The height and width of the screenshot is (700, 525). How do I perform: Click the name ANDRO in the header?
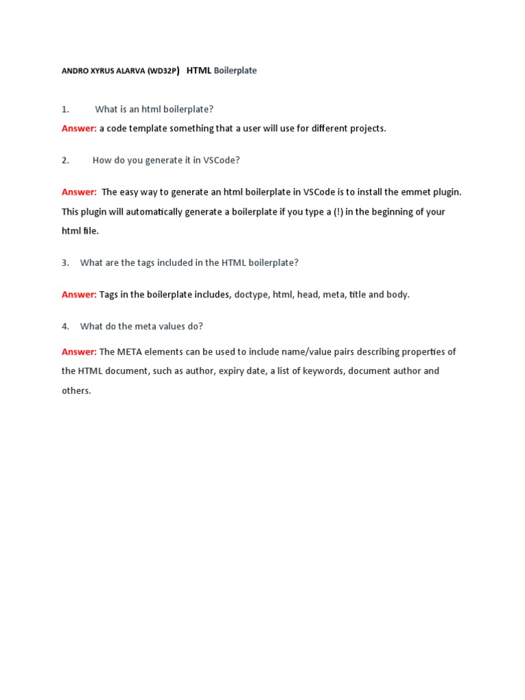[x=74, y=71]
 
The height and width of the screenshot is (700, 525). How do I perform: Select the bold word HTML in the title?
[x=199, y=70]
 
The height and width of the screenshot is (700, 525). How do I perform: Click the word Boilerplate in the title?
[x=235, y=70]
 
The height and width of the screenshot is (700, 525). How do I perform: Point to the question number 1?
[x=66, y=109]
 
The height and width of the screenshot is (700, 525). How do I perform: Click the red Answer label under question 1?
[x=79, y=129]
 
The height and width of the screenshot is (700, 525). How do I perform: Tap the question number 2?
[x=66, y=161]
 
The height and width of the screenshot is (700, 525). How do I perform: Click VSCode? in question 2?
[x=221, y=161]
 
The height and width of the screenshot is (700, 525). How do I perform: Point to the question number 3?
[x=66, y=262]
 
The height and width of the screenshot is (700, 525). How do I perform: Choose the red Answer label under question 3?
[x=79, y=295]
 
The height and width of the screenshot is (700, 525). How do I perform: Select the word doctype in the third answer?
[x=251, y=295]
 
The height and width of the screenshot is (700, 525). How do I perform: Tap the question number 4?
[x=66, y=327]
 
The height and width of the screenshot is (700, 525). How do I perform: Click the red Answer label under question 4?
[x=79, y=352]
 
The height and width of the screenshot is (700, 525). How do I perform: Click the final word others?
[x=76, y=391]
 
